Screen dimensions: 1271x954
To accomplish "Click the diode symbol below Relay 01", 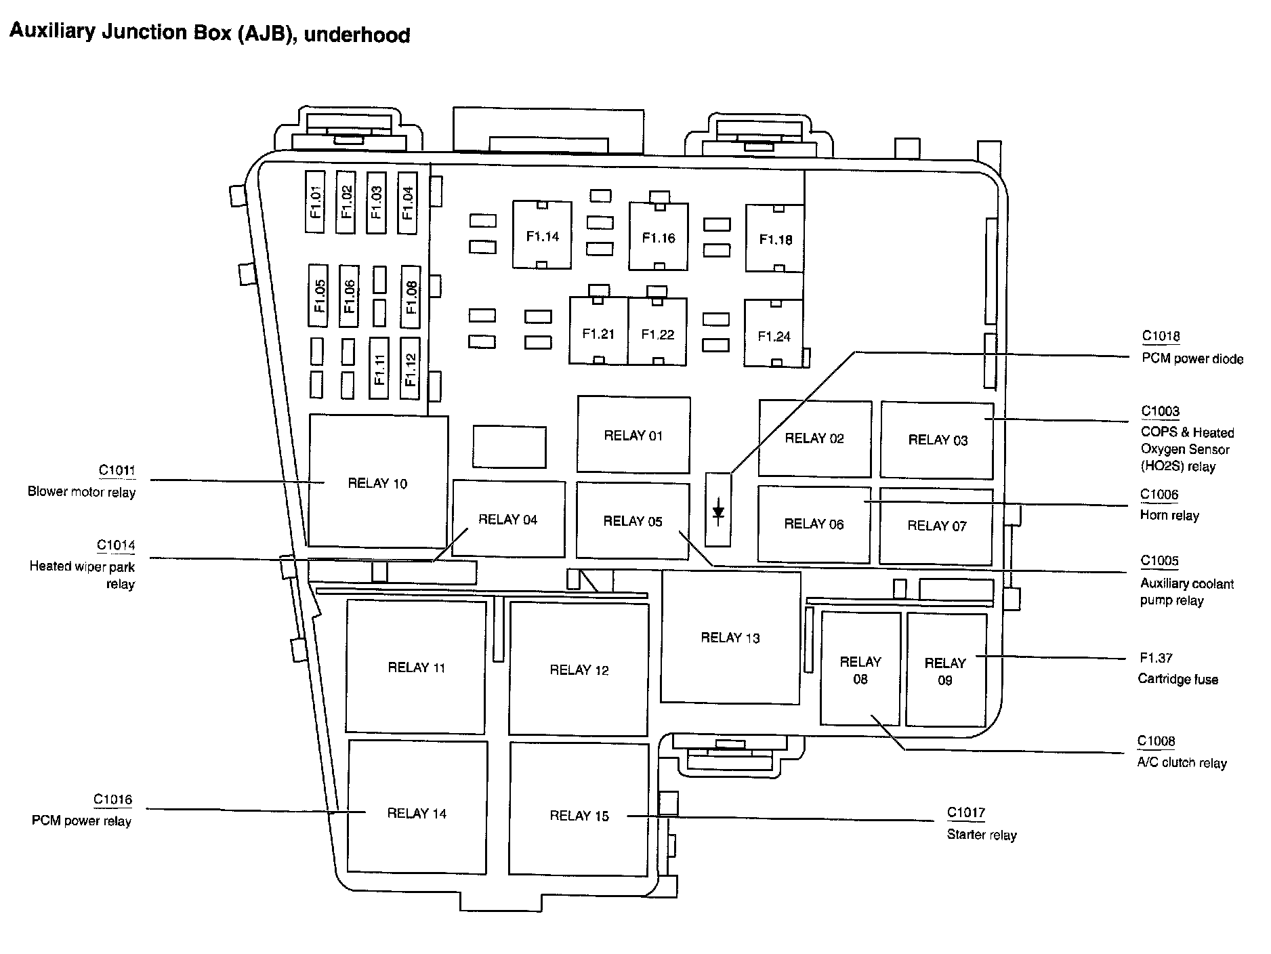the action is coord(718,511).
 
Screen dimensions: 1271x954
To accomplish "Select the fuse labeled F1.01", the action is coord(316,202).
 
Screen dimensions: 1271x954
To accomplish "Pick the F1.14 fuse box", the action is coord(542,235).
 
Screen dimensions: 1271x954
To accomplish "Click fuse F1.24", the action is coord(774,333).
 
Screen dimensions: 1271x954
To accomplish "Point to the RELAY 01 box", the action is coord(633,434).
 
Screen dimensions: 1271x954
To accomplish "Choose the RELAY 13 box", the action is coord(730,637).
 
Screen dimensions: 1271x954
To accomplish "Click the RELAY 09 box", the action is coord(946,669).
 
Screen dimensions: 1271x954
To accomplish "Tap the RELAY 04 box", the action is coord(508,519).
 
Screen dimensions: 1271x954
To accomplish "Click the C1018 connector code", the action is coord(1161,336).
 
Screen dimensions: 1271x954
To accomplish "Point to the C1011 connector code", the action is coord(117,470).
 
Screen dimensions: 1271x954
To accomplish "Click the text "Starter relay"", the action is coord(981,835).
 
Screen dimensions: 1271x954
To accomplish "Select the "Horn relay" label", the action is coord(1169,516).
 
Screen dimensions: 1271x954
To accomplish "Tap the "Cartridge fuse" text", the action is coord(1178,680).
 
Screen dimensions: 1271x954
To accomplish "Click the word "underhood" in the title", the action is coord(357,35).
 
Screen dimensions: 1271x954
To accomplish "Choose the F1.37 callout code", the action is coord(1156,658).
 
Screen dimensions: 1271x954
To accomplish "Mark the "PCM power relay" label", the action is coord(81,821).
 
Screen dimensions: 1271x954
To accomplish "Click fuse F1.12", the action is coord(410,369).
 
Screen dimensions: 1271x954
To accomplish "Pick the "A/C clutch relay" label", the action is coord(1182,763).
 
